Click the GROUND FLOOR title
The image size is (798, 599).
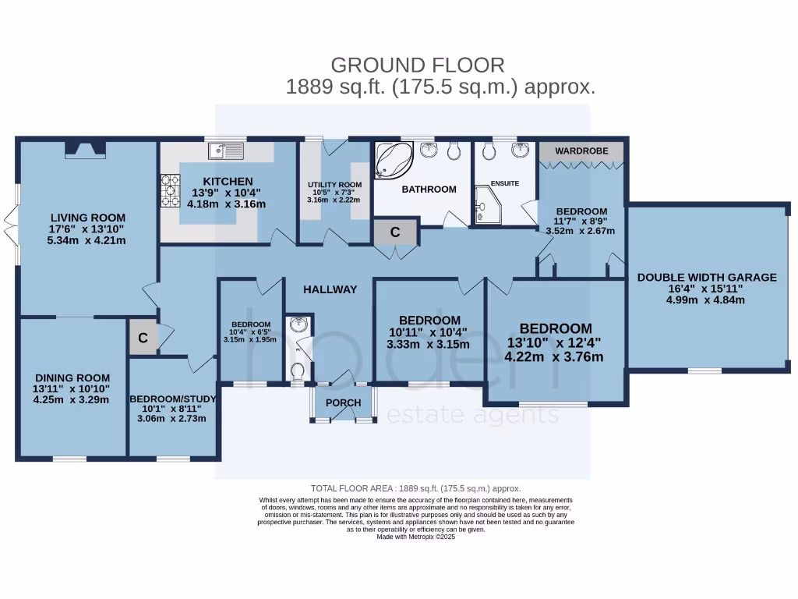(x=418, y=65)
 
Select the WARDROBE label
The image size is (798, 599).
(x=581, y=150)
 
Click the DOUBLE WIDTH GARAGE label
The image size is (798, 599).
(x=707, y=277)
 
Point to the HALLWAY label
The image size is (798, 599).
(x=330, y=289)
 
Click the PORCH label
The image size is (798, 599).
(x=343, y=403)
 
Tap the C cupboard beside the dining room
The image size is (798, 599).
(x=143, y=338)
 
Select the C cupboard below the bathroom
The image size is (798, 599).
(x=395, y=232)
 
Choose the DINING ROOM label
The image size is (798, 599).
(x=72, y=377)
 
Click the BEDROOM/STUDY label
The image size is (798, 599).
(x=172, y=398)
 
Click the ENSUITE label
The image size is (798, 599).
(x=504, y=183)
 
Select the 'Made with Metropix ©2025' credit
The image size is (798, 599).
(x=415, y=537)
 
